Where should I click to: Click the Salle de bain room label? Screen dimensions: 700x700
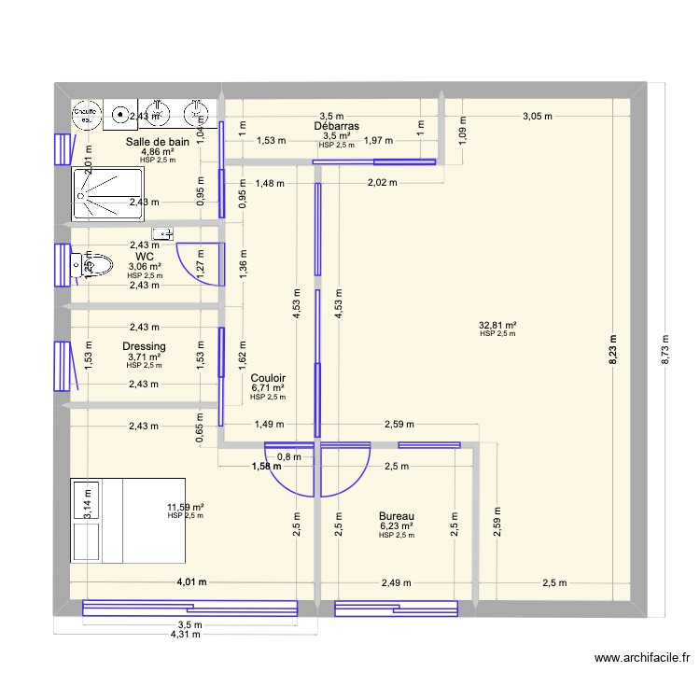click(x=157, y=142)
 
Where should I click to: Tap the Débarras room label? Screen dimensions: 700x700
click(x=337, y=126)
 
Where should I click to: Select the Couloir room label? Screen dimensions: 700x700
click(x=268, y=378)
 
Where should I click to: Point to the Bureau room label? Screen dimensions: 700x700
click(x=397, y=516)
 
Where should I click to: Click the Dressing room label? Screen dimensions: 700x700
click(x=144, y=346)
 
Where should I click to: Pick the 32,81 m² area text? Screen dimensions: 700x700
click(x=498, y=326)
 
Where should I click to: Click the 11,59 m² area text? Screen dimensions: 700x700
click(x=185, y=507)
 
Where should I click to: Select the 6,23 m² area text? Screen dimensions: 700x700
click(x=397, y=526)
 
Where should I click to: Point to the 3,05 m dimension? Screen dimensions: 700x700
click(x=537, y=117)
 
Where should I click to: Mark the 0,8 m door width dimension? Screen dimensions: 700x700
click(x=294, y=456)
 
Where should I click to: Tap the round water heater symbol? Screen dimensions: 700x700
click(x=87, y=115)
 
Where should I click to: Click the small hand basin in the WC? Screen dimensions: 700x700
click(x=164, y=233)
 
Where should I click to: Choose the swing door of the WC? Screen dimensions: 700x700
click(x=199, y=263)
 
